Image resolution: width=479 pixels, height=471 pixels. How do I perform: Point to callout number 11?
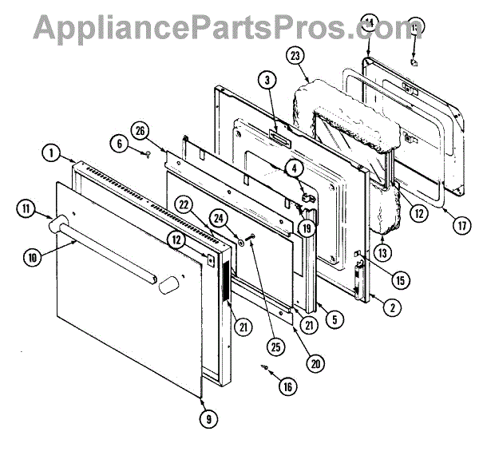(x=26, y=210)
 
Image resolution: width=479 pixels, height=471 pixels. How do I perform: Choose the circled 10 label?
(x=31, y=257)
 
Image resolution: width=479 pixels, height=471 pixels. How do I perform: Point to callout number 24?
(x=216, y=216)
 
